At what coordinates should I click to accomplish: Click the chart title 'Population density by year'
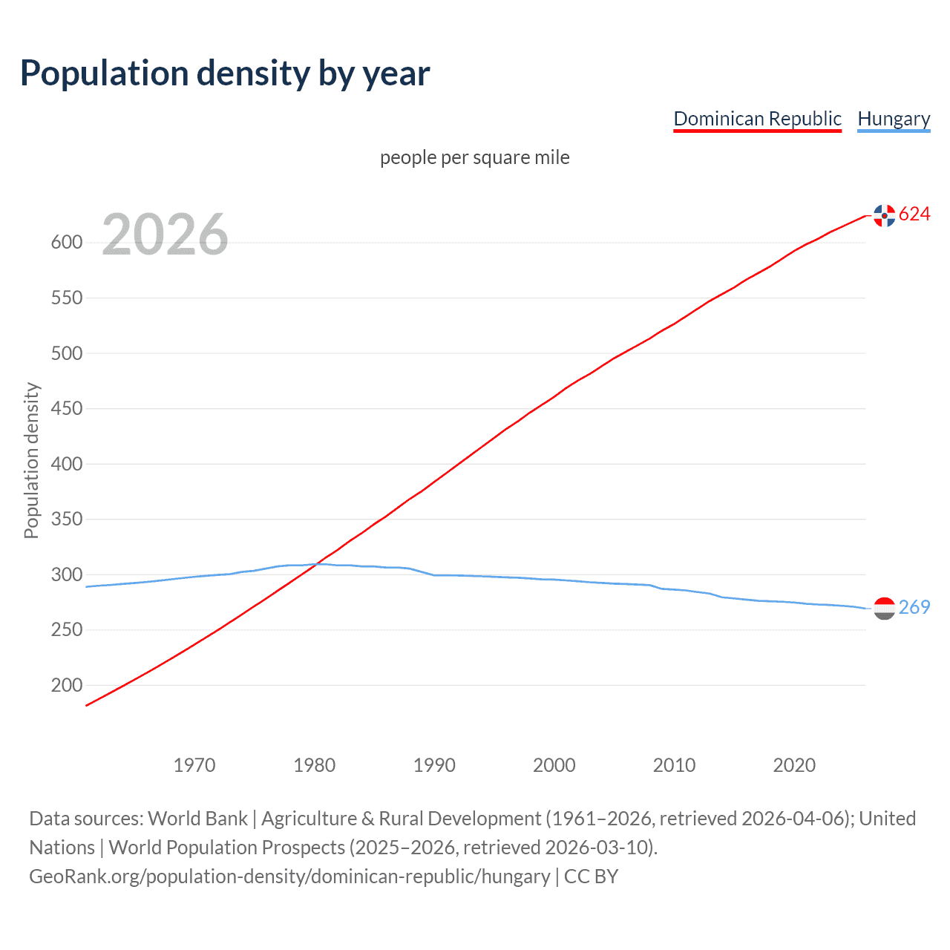click(225, 73)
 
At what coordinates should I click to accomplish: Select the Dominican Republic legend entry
click(757, 119)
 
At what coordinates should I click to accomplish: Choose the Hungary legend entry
click(894, 119)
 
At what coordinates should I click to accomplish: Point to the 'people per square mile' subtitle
click(474, 157)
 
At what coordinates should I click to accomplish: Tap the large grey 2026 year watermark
click(165, 235)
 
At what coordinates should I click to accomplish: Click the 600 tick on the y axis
click(66, 243)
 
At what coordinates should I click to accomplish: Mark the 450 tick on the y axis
click(66, 409)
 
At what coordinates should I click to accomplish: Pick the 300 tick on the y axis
click(66, 574)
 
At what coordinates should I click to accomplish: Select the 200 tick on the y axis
click(66, 685)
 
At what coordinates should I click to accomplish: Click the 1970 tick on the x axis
click(194, 765)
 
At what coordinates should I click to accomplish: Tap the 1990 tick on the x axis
click(434, 765)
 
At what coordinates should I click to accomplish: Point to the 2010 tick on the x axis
click(674, 765)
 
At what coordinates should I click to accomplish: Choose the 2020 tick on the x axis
click(794, 765)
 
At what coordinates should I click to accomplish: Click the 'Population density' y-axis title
click(31, 460)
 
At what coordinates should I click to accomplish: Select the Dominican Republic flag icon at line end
click(884, 215)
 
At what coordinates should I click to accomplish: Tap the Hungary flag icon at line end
click(884, 609)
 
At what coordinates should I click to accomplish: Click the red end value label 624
click(914, 214)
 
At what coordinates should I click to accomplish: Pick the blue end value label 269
click(914, 608)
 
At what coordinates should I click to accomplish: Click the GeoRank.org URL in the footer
click(289, 877)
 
